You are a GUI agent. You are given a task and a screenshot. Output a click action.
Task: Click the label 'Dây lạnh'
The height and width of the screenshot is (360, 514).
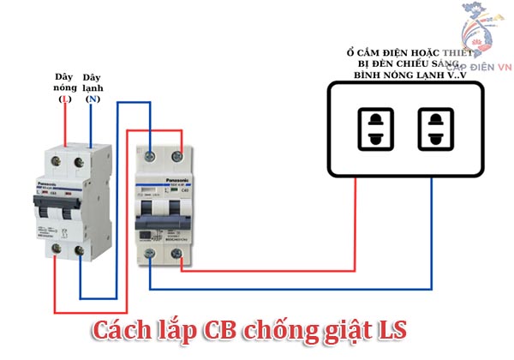93,82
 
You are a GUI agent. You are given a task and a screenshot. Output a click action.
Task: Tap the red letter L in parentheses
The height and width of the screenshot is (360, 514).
63,99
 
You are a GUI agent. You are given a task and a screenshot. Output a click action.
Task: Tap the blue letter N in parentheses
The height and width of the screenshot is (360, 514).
93,99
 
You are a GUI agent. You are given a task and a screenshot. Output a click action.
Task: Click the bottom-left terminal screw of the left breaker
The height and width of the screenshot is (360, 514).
57,249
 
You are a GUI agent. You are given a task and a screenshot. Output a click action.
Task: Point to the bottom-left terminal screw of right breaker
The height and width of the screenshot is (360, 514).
151,253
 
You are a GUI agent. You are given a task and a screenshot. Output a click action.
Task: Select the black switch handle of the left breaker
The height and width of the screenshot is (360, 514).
69,208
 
